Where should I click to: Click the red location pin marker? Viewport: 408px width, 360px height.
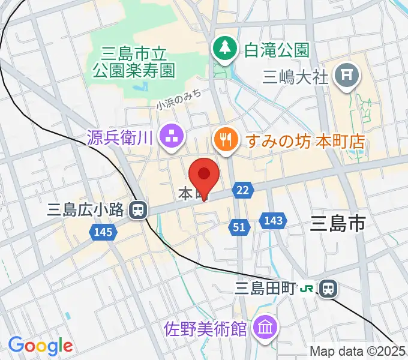tap(203, 175)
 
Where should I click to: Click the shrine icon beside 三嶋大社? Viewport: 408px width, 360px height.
tap(347, 76)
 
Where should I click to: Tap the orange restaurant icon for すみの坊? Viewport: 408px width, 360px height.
tap(226, 140)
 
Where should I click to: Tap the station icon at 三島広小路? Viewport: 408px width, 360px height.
tap(139, 209)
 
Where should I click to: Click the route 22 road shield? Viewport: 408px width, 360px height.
tap(242, 190)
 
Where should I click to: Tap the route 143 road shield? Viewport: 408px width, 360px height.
tap(272, 221)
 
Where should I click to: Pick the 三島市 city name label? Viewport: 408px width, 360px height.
tap(338, 225)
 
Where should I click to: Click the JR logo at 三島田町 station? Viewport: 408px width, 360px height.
tap(307, 289)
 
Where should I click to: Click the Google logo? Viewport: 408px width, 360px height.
tap(40, 346)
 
